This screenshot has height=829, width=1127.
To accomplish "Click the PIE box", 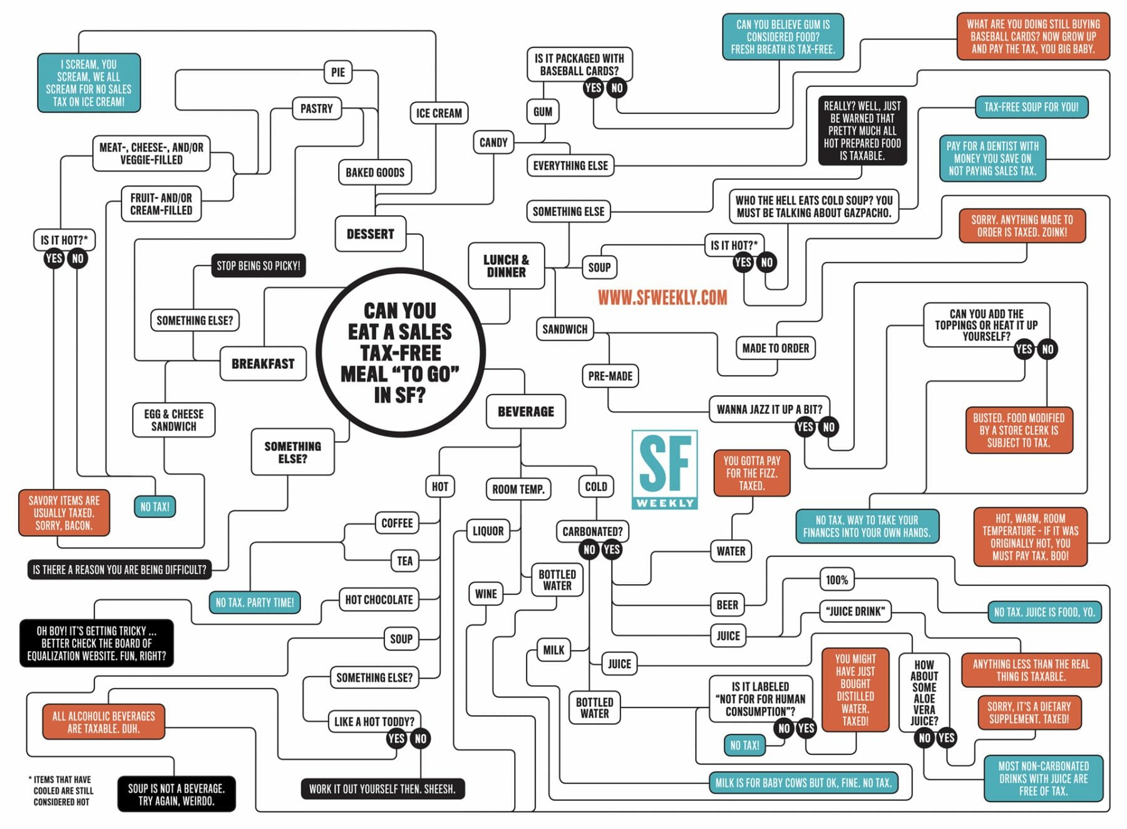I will (338, 72).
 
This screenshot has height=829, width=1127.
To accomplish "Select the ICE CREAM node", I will (438, 113).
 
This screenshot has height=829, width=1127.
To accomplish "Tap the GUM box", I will (542, 112).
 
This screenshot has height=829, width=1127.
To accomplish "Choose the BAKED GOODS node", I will (375, 172).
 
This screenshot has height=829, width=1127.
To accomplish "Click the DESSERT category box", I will (370, 234).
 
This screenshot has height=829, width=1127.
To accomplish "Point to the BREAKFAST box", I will (263, 363).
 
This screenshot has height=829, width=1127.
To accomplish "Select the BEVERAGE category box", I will (526, 411).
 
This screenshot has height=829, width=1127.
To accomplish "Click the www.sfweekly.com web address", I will (662, 297).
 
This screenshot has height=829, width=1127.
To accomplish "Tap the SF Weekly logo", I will (664, 470).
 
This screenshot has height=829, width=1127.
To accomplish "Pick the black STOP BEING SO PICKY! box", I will (258, 265).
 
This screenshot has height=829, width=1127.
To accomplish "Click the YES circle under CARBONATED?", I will (611, 550).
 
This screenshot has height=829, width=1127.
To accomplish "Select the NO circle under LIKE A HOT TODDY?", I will (420, 739).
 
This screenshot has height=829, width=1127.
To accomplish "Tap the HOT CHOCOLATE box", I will (379, 599).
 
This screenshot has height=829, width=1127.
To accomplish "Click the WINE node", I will (486, 594).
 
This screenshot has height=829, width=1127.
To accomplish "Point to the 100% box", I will (836, 580).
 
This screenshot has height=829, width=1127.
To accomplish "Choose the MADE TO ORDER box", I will (775, 348).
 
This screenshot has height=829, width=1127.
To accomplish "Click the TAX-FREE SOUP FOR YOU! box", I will (1031, 107).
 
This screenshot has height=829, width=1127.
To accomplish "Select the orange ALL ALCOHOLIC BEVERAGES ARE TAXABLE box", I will (103, 722).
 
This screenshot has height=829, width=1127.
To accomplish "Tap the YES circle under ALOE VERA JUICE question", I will (946, 738).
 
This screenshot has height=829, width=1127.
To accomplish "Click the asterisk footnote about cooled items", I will (62, 790).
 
